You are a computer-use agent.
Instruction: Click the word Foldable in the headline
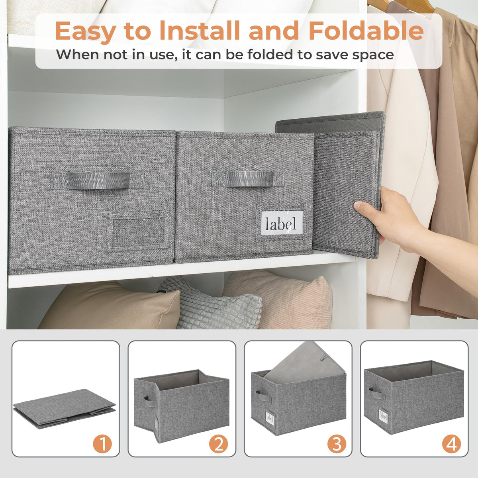(366, 31)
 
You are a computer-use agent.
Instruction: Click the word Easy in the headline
(86, 32)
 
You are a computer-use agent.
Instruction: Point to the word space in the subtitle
(373, 55)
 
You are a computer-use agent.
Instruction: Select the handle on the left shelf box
(98, 180)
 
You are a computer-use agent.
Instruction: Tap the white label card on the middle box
(282, 223)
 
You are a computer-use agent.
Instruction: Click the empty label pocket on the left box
(138, 232)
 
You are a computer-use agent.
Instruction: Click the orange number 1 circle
(102, 444)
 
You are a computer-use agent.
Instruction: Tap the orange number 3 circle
(337, 444)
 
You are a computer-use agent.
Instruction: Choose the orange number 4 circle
(451, 444)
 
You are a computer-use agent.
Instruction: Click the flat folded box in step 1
(65, 408)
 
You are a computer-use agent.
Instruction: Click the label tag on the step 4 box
(383, 416)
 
